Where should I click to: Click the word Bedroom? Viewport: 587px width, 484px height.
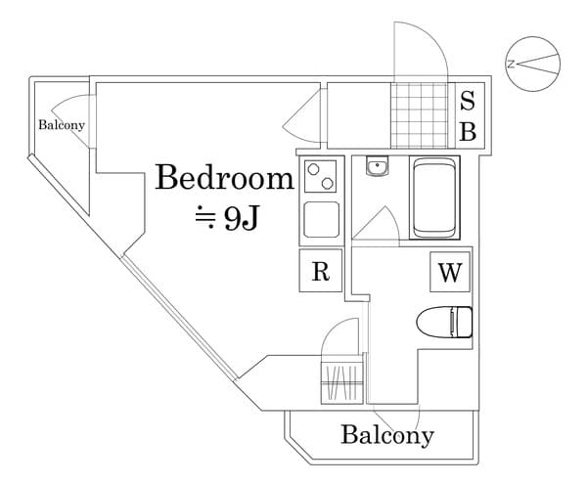pos(225,179)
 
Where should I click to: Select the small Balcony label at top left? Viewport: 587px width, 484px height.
pos(62,125)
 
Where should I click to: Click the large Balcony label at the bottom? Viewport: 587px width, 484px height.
pos(386,435)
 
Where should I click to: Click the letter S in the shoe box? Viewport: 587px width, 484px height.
pos(468,100)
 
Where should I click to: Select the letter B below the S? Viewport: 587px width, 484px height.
pos(468,132)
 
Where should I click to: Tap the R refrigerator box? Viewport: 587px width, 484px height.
pos(320,272)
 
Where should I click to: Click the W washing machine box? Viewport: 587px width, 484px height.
pos(449,273)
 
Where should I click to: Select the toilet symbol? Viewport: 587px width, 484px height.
pos(445,321)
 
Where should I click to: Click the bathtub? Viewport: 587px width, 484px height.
pos(433,198)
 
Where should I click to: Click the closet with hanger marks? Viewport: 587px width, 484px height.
pos(341,380)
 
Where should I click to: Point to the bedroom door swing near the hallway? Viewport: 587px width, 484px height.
pos(302,116)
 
